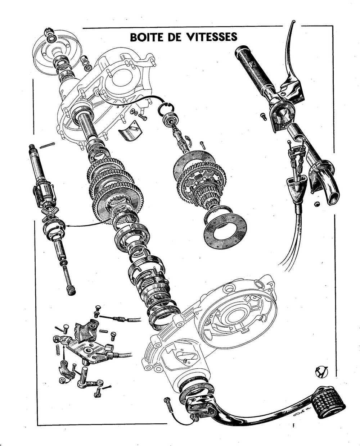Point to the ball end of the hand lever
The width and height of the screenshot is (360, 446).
tap(293, 22)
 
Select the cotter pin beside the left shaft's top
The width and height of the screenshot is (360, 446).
tap(48, 145)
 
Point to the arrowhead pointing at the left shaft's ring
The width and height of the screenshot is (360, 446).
tap(67, 226)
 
